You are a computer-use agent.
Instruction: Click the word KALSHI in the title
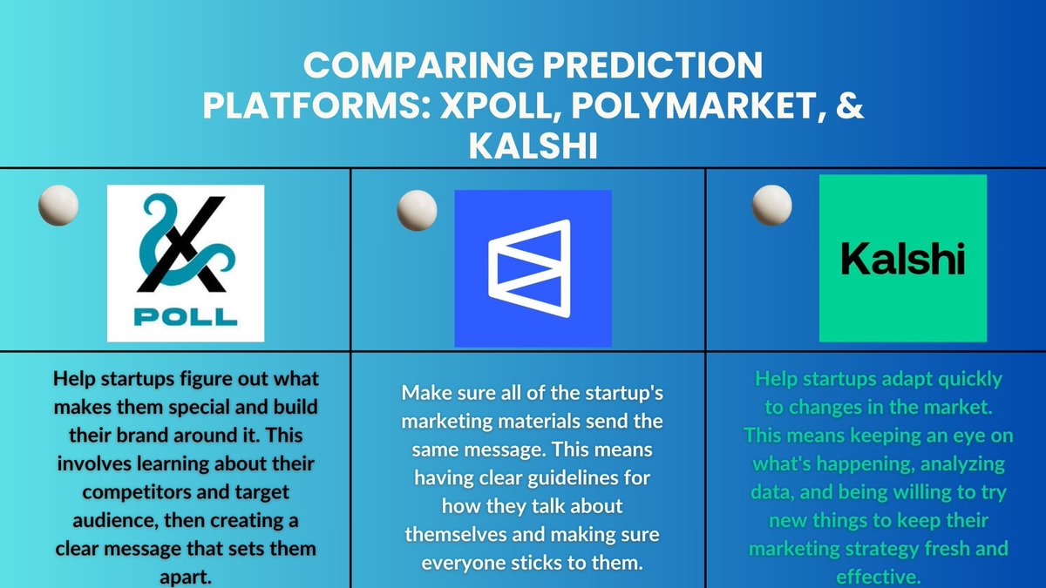click(533, 145)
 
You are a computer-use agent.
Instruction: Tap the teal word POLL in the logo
click(186, 314)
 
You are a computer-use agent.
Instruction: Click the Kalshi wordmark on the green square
click(902, 258)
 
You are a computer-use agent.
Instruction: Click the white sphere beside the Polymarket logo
click(417, 212)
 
